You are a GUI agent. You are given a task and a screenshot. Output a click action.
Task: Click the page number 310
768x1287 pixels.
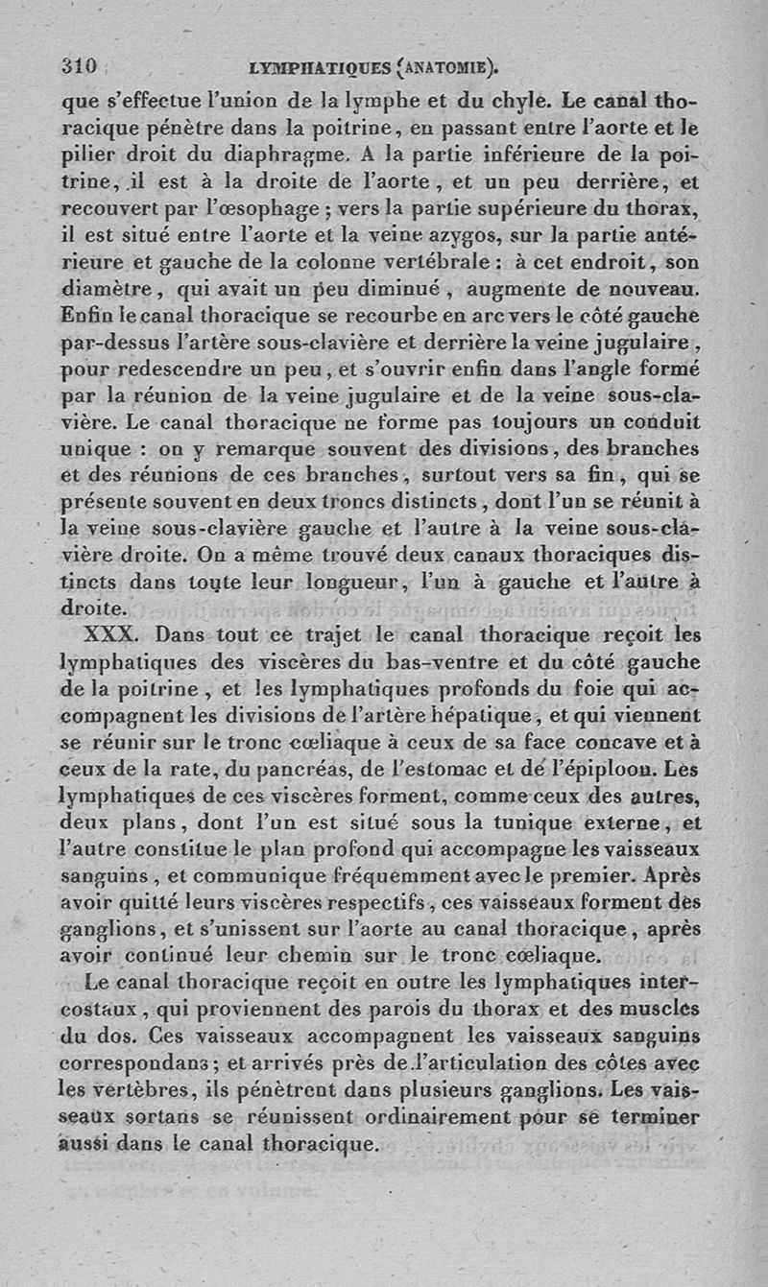[79, 66]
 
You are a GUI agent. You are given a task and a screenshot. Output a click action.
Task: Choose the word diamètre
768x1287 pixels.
[104, 288]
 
